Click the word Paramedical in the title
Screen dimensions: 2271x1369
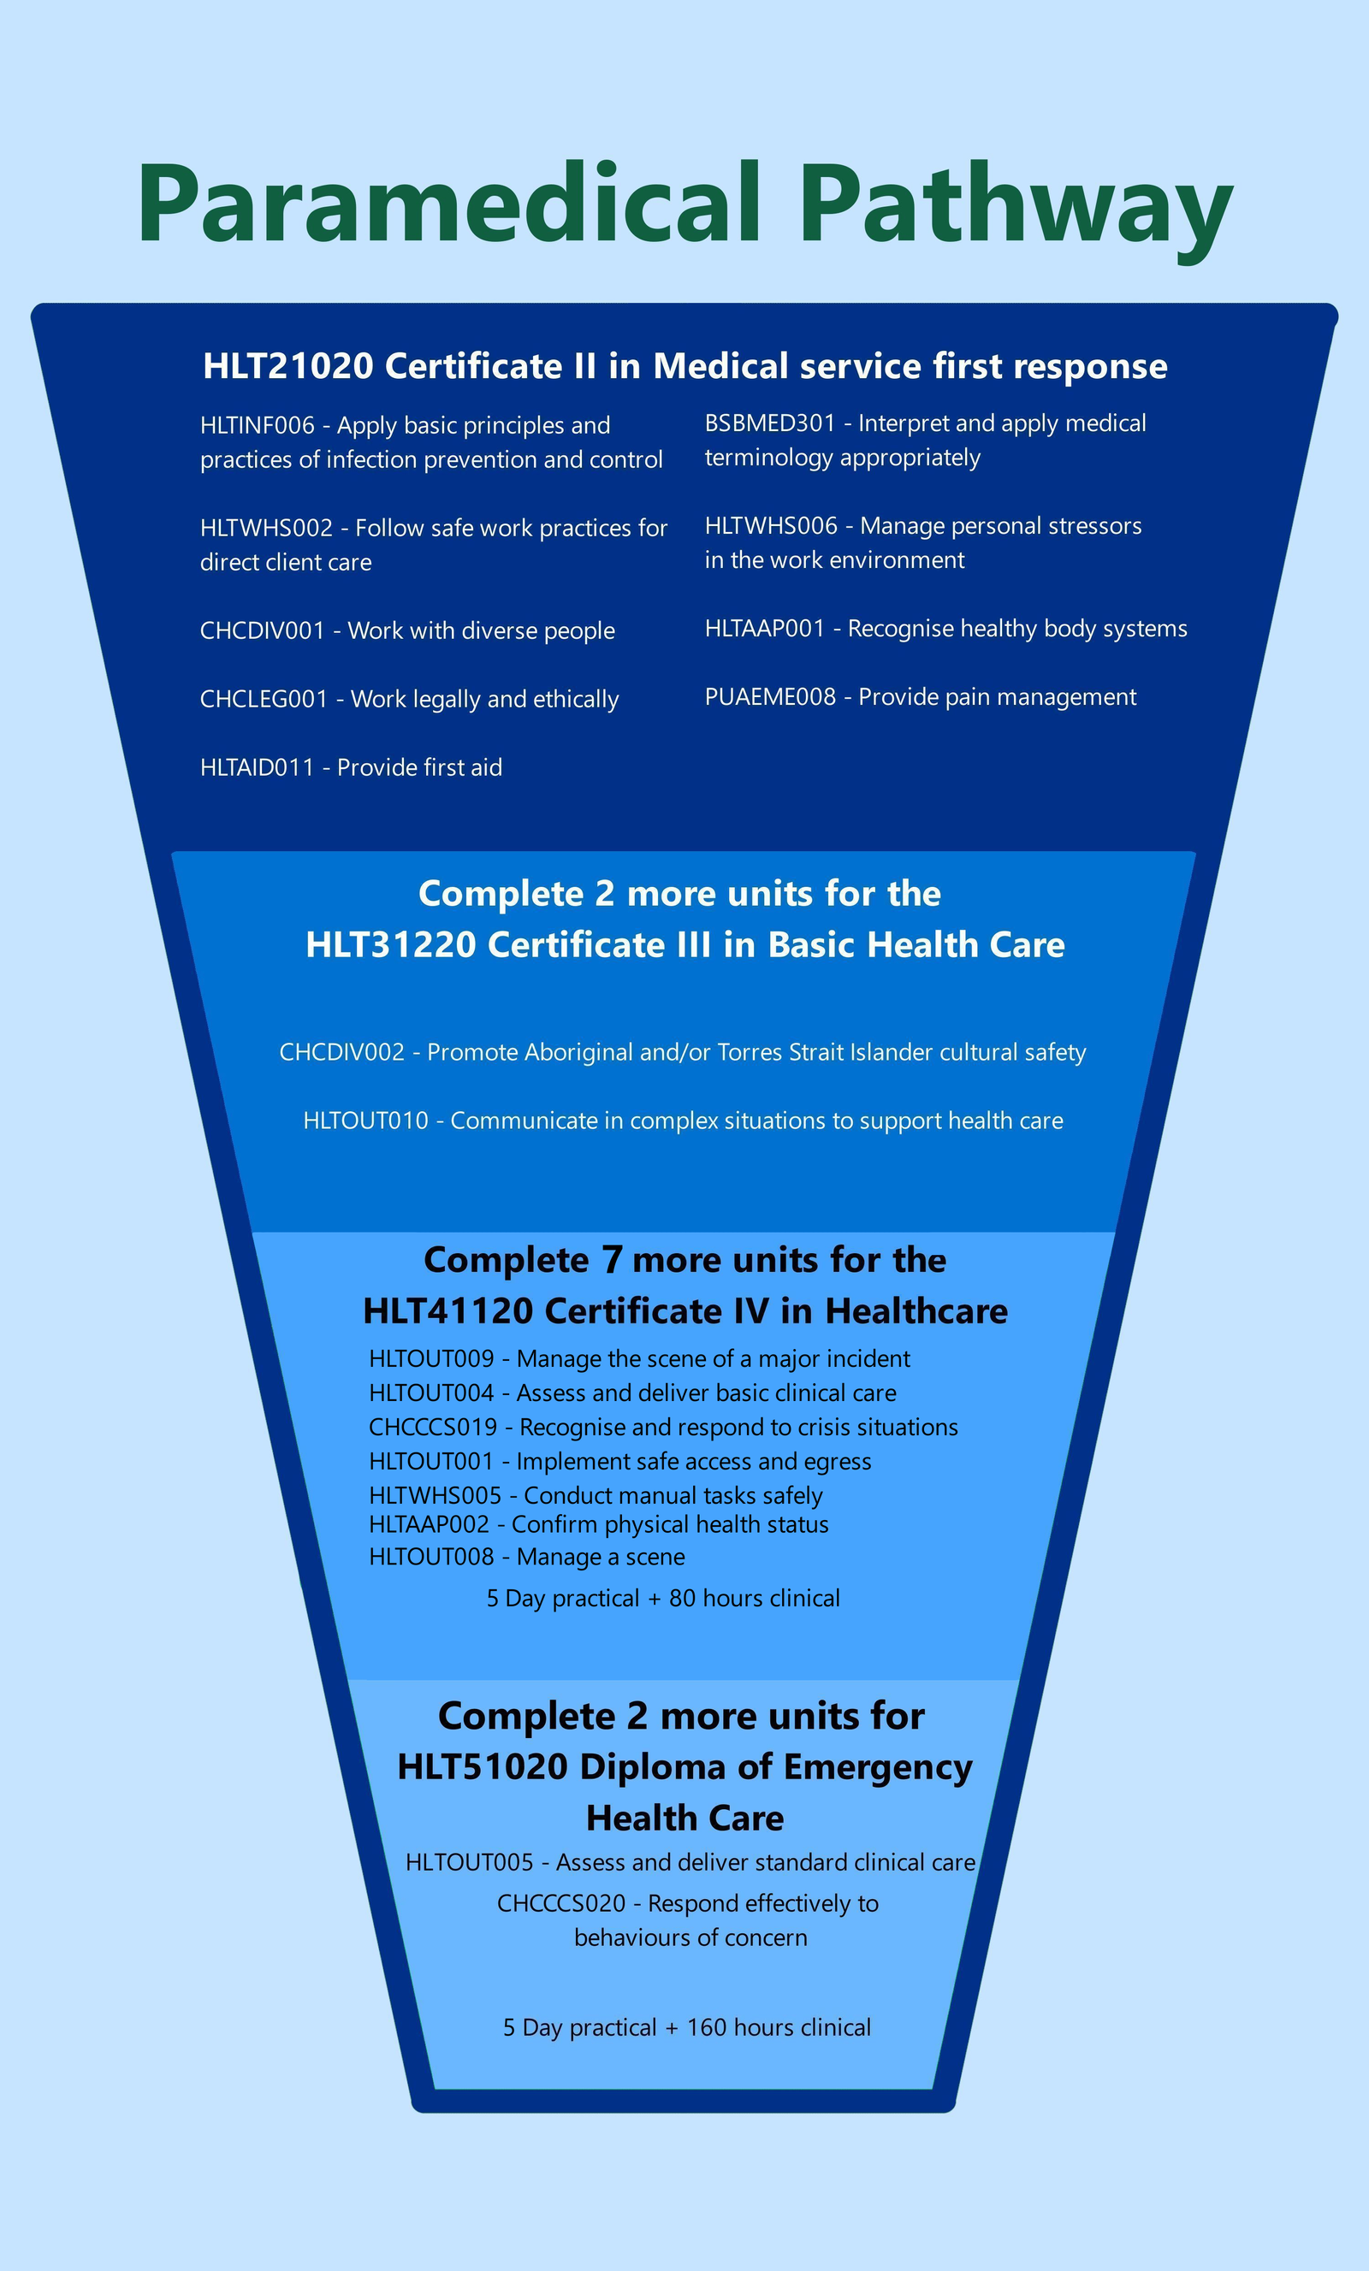tap(449, 204)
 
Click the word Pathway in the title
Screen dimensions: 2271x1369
tap(1016, 204)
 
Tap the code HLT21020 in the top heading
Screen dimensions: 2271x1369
tap(287, 366)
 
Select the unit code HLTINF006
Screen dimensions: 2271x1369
tap(258, 426)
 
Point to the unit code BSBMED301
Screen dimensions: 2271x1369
tap(770, 423)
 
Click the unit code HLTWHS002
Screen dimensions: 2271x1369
tap(265, 528)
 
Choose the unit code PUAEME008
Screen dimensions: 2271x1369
tap(770, 697)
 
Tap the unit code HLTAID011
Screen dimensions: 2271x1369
tap(258, 768)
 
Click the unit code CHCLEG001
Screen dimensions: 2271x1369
tap(264, 700)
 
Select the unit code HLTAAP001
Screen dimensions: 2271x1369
tap(764, 629)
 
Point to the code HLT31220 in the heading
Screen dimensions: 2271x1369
tap(390, 944)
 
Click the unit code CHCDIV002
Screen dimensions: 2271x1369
tap(342, 1053)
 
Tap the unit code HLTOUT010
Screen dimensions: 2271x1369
tap(366, 1121)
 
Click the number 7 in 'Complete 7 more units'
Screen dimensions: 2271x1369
tap(611, 1261)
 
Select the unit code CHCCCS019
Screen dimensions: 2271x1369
tap(432, 1428)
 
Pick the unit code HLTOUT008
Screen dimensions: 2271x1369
tap(431, 1557)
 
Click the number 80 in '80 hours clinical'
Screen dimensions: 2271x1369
tap(681, 1598)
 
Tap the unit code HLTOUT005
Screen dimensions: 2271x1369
tap(469, 1863)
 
